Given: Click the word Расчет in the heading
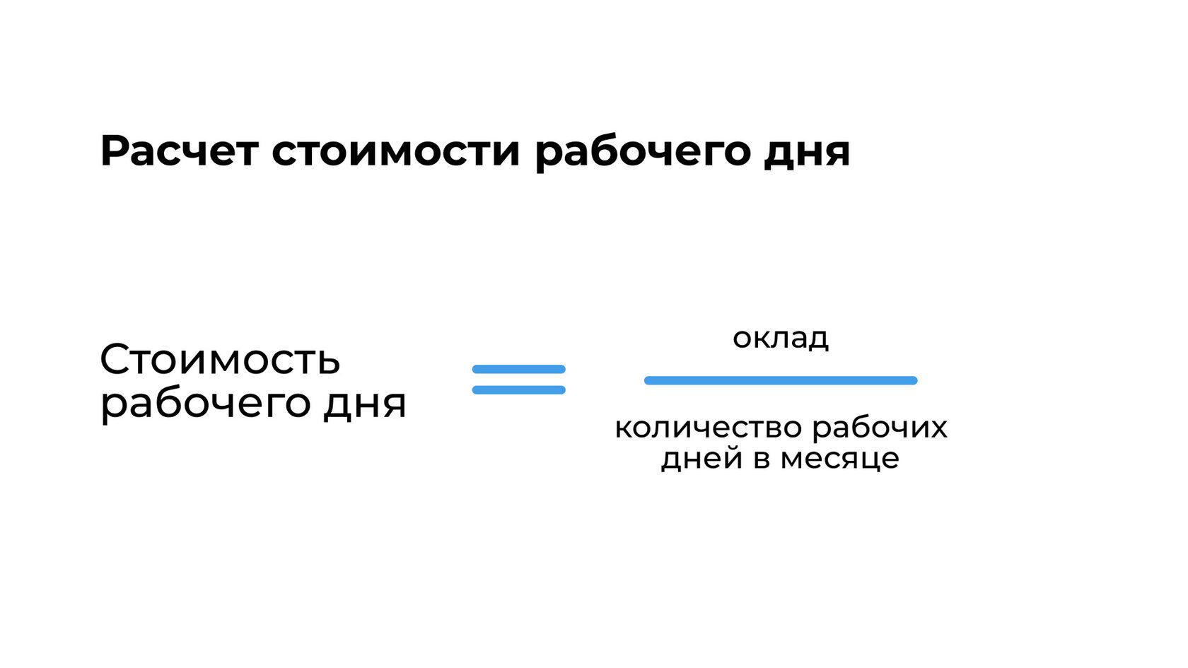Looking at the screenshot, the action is tap(179, 151).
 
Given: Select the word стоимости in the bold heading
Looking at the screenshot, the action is tap(396, 151).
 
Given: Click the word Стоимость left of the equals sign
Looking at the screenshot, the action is tap(220, 360).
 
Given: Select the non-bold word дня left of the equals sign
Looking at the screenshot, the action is tap(365, 404).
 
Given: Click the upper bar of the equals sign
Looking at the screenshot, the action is tap(518, 369).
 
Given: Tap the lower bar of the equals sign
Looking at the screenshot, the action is tap(518, 389).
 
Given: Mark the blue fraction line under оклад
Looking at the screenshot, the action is tap(781, 380).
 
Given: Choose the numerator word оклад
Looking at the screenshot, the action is tap(781, 338).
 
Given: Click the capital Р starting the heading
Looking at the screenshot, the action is tap(115, 151).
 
